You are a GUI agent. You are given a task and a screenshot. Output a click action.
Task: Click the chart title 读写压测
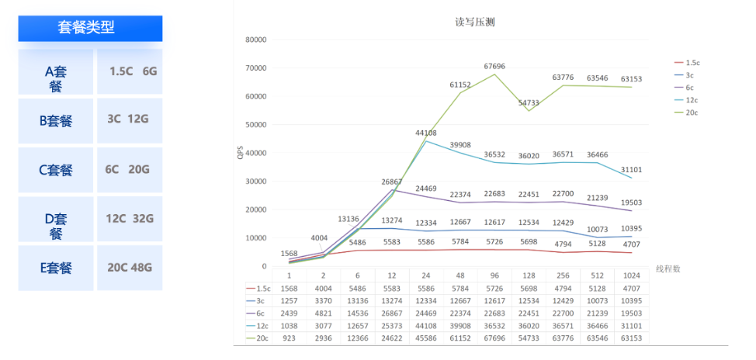tap(475, 22)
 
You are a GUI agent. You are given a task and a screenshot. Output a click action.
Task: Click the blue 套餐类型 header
tap(90, 28)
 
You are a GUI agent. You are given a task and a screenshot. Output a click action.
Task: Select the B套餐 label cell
tap(55, 121)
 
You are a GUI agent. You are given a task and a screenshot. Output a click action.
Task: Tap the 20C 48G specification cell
tap(130, 268)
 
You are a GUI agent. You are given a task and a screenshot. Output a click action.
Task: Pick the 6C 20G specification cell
tap(130, 170)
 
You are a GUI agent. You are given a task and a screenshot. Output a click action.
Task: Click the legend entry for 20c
tap(692, 112)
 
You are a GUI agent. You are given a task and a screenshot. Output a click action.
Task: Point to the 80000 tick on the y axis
tap(255, 40)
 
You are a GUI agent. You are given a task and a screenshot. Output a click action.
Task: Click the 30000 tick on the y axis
tap(255, 182)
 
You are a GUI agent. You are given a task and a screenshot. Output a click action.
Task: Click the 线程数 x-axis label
tap(670, 268)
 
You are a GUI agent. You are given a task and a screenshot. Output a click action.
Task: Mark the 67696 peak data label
tap(494, 67)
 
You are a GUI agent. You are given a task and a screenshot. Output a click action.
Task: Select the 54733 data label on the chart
tap(529, 102)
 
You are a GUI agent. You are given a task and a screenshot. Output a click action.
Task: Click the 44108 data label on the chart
tap(426, 133)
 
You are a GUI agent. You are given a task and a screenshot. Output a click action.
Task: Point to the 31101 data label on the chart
tap(632, 169)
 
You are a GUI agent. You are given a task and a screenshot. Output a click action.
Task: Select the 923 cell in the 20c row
tap(290, 338)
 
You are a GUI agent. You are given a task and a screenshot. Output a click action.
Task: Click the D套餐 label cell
tap(55, 219)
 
